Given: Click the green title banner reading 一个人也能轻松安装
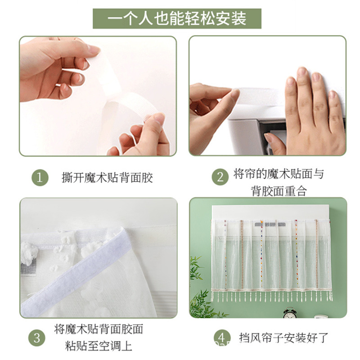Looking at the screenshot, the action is (177, 18).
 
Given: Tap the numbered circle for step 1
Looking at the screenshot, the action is (40, 177).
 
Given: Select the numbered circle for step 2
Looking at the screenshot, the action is (220, 177).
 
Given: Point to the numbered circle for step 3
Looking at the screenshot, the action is (37, 338).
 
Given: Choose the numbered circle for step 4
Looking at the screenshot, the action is (222, 337).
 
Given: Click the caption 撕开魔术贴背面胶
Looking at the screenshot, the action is (107, 178).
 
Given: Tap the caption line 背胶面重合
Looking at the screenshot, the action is (279, 191).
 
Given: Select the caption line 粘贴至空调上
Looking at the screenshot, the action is (99, 346).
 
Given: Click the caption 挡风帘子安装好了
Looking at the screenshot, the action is (284, 338).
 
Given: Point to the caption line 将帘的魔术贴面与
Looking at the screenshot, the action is (279, 174).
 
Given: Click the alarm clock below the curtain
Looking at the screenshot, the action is (289, 313).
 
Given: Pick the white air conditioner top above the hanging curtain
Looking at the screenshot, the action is (270, 212).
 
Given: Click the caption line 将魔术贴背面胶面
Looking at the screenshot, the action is (99, 329).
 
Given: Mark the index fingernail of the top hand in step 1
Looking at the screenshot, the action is (94, 49).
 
